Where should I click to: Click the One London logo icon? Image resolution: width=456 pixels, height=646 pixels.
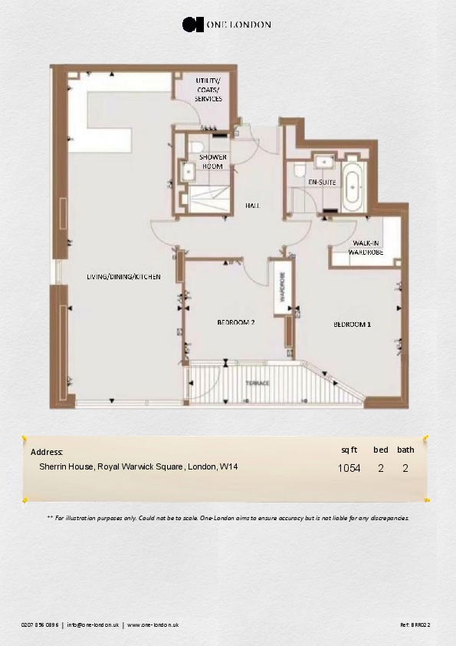click(192, 25)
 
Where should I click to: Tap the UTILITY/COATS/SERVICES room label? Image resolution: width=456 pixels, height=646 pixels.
click(208, 90)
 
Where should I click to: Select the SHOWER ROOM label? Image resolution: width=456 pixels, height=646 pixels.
click(212, 161)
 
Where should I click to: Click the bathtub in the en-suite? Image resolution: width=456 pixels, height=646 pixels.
click(353, 186)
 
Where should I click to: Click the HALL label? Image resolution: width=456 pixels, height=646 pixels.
click(252, 206)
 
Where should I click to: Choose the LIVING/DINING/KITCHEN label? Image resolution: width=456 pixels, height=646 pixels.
click(123, 276)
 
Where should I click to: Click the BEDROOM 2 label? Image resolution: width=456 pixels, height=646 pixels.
click(235, 323)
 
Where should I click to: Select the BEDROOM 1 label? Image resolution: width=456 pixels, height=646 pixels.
click(352, 325)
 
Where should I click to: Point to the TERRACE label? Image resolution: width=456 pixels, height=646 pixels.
click(257, 382)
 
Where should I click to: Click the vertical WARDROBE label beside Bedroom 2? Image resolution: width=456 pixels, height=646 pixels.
click(281, 286)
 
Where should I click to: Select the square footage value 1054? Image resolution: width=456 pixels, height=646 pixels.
click(349, 468)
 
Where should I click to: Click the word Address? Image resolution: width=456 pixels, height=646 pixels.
click(46, 452)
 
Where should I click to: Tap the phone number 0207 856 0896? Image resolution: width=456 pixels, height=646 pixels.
click(40, 625)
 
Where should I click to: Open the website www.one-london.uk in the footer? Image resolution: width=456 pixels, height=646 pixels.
click(153, 625)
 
